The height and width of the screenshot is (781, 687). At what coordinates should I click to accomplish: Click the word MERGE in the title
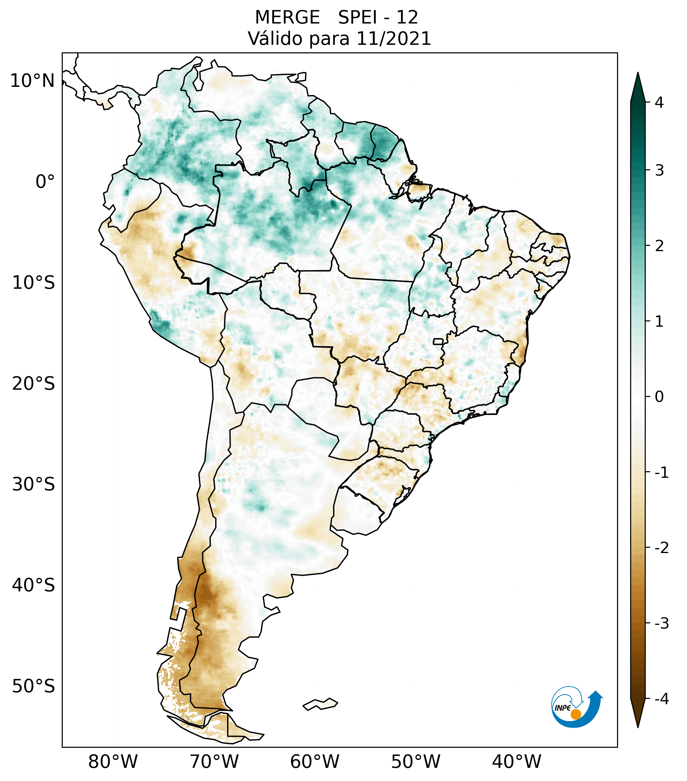tap(287, 18)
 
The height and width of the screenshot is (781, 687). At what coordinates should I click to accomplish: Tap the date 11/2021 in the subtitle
tap(394, 39)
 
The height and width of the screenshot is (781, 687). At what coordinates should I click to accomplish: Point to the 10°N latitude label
tap(33, 81)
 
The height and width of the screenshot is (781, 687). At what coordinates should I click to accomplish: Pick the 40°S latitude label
tap(34, 586)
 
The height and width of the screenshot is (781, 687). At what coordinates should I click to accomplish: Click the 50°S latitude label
tap(34, 687)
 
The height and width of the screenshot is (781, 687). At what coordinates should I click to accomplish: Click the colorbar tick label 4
tap(659, 103)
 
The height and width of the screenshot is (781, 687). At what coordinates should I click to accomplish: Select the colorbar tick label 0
tap(659, 397)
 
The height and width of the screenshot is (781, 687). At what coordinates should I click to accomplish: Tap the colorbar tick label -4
tap(661, 699)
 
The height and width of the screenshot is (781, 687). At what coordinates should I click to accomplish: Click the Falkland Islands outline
tap(320, 704)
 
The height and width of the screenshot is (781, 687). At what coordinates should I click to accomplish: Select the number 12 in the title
tap(407, 18)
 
